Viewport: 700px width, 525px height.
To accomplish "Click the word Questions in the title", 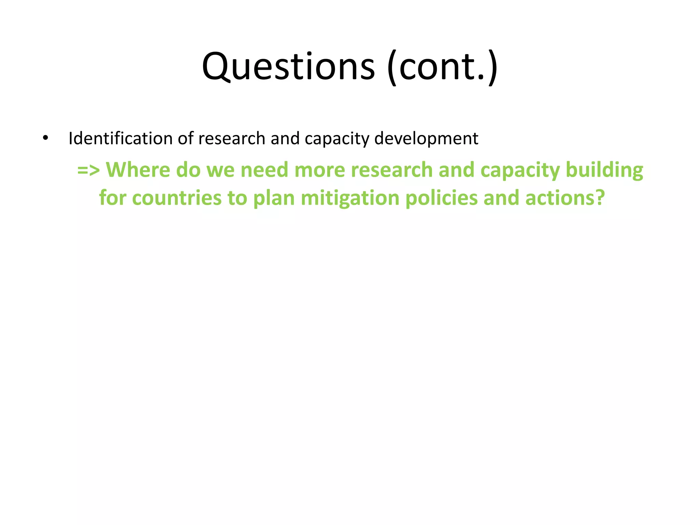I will click(x=288, y=67).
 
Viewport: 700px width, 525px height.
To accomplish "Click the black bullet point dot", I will click(x=45, y=138).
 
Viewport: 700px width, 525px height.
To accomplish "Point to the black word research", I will click(x=231, y=138).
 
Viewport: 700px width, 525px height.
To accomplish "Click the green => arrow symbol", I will click(x=89, y=170).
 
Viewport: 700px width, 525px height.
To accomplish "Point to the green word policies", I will click(x=441, y=198).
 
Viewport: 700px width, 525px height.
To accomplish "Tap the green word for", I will click(x=112, y=198).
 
